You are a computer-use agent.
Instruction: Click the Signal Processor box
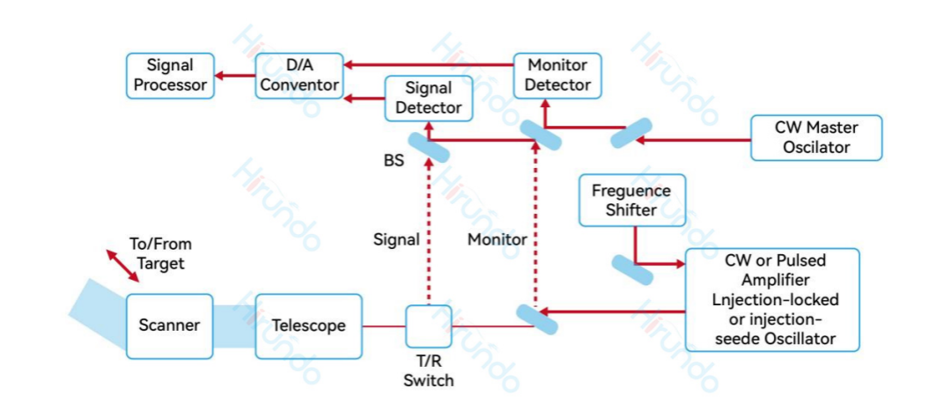pos(170,76)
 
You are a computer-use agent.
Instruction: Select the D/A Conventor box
pos(299,76)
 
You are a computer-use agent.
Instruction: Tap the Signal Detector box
pos(428,98)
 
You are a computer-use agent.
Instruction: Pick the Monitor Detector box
pos(557,76)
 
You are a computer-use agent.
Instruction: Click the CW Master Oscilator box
pos(815,137)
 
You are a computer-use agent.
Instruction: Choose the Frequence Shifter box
pos(631,201)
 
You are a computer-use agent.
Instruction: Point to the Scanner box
pos(169,326)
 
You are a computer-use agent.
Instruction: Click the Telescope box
pos(308,326)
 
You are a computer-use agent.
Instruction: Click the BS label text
pos(394,162)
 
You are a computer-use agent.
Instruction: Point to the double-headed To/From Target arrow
pos(122,266)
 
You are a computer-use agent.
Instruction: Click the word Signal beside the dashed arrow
pos(396,239)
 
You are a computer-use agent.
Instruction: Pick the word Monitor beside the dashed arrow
pos(497,239)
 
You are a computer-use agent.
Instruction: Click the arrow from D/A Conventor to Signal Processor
pos(234,76)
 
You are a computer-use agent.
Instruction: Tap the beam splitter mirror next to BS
pos(429,147)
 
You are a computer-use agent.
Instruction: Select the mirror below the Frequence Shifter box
pos(632,269)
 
